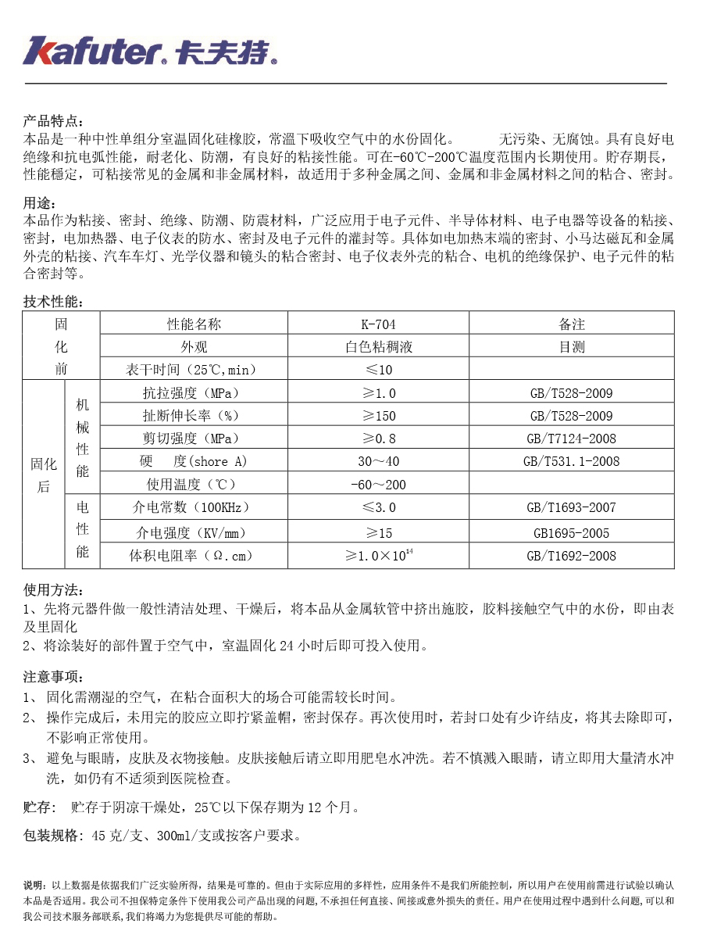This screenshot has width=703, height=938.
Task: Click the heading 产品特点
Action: coord(52,121)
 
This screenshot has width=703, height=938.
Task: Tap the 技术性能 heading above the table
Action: coord(52,302)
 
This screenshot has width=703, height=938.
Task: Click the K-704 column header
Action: coord(378,324)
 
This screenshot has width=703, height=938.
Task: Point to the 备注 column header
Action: coord(572,324)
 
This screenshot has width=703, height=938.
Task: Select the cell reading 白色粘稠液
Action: coord(378,346)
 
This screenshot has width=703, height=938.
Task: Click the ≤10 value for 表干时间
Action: coord(378,369)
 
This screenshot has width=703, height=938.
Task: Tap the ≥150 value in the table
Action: coord(378,415)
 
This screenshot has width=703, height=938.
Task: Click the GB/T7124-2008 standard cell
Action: coord(572,438)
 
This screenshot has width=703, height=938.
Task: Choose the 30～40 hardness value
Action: coord(378,461)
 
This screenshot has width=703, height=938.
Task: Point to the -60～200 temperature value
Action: coord(378,484)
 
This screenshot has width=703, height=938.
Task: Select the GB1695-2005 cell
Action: coord(572,533)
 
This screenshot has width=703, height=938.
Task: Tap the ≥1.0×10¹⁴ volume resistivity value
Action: coord(378,556)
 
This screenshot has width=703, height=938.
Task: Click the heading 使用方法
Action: coord(52,590)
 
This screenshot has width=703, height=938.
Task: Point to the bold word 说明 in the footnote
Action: coord(34,886)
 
